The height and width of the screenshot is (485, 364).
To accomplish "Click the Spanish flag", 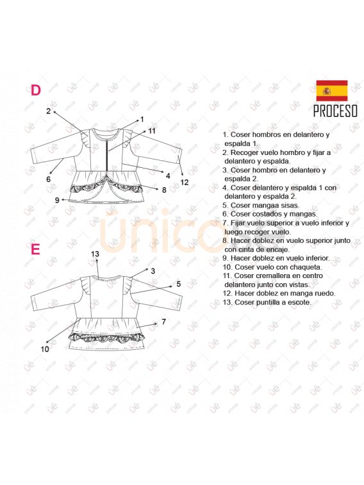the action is [x=332, y=90].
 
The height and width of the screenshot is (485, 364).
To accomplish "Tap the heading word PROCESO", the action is [x=336, y=111].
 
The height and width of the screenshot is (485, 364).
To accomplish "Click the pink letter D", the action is [x=35, y=90].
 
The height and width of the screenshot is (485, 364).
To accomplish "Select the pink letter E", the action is [x=35, y=249].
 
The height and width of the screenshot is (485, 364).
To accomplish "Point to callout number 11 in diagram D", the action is [x=151, y=131].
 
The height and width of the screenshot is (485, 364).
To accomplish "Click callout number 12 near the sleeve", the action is [x=185, y=182].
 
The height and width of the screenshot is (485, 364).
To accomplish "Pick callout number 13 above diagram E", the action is [x=95, y=254].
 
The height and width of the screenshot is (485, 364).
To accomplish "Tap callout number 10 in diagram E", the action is [x=45, y=349].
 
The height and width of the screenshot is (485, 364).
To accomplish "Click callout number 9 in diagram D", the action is [x=57, y=200].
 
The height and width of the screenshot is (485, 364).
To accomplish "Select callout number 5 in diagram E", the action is [x=178, y=284].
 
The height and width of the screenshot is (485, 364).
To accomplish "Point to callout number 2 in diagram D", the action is [x=48, y=111].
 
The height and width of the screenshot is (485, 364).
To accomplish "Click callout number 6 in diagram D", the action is [x=48, y=179].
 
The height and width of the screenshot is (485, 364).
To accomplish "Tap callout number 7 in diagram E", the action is [x=164, y=322].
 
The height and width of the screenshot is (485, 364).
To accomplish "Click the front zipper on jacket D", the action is [x=107, y=154].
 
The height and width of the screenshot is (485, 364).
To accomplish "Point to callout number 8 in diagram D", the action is [x=164, y=190].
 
